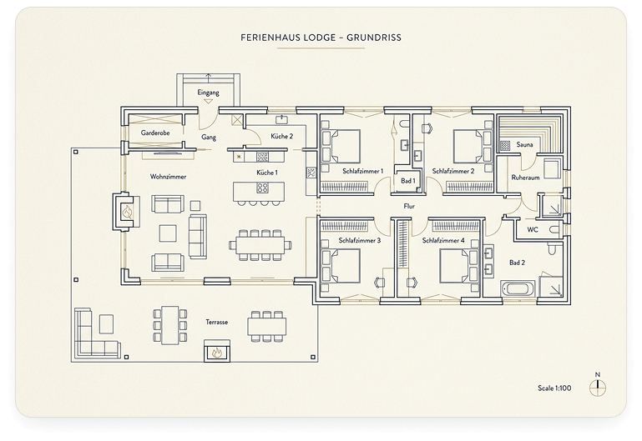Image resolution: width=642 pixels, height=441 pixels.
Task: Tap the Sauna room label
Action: click(524, 145)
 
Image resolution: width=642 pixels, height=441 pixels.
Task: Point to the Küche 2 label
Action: click(281, 136)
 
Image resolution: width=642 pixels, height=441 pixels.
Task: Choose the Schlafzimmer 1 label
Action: click(362, 171)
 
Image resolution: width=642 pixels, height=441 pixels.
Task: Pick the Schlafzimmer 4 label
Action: click(442, 240)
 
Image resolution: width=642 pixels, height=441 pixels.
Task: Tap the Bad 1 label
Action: click(407, 180)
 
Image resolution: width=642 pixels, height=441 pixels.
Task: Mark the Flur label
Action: click(409, 205)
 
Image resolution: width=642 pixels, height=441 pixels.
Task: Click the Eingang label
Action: click(207, 92)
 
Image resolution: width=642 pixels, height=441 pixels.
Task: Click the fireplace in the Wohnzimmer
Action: click(126, 212)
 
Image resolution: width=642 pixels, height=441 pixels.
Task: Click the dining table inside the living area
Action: click(260, 244)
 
